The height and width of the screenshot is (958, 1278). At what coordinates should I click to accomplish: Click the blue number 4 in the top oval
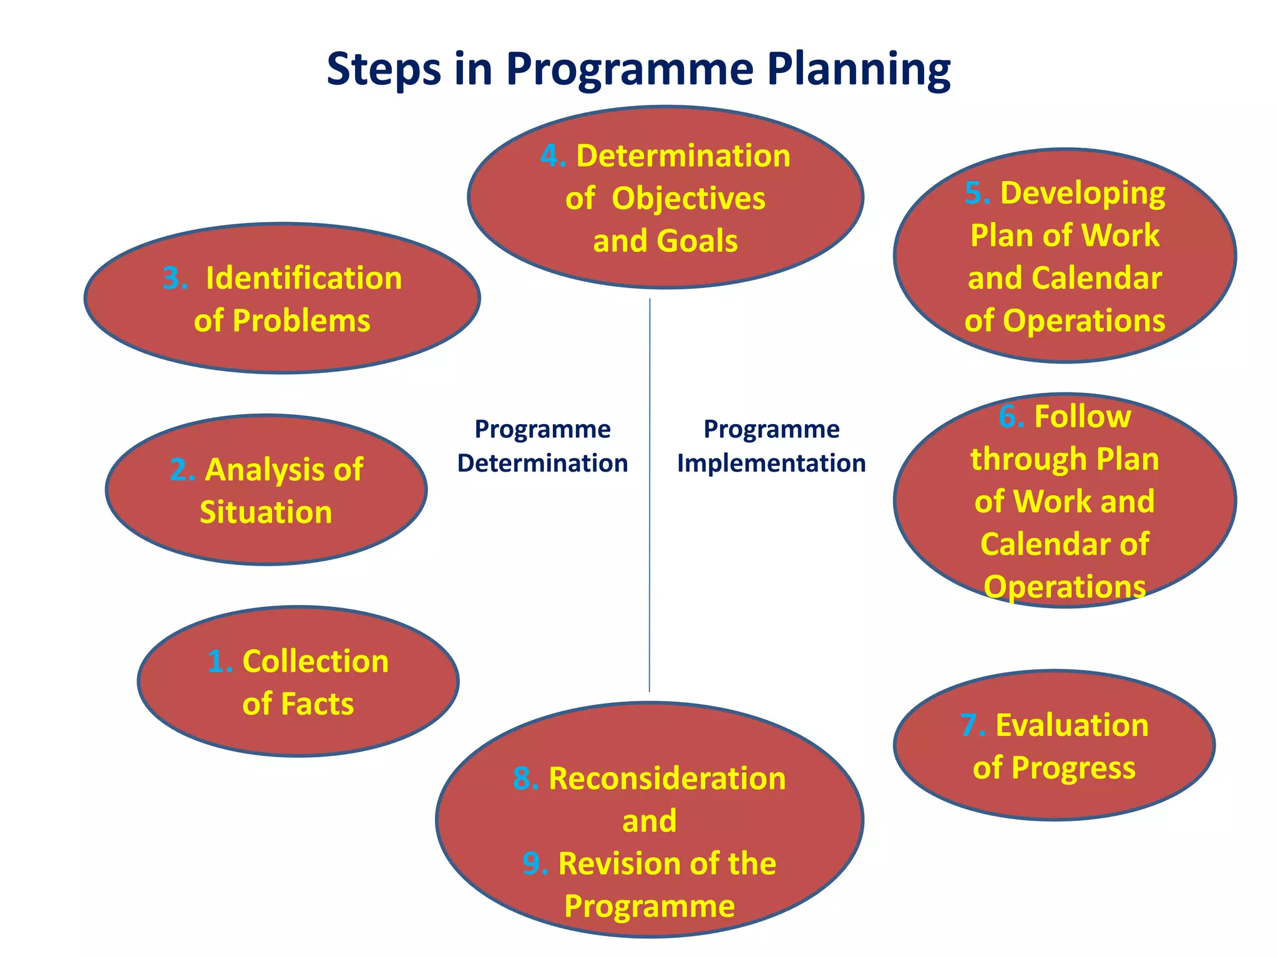coord(551,156)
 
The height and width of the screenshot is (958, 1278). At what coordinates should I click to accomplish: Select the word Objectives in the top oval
coord(688,199)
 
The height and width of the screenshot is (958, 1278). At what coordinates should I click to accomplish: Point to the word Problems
coord(301,321)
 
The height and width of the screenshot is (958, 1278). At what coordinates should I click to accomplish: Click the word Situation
coord(266,512)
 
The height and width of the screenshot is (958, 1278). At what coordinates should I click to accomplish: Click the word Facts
coord(317,704)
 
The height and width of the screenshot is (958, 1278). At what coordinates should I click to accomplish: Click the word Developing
coord(1083,193)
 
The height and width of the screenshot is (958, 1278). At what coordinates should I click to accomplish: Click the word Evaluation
coord(1071,725)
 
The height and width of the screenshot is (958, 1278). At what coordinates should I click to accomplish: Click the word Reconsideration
coord(666,779)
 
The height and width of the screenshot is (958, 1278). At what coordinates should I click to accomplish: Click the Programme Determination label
coord(542,446)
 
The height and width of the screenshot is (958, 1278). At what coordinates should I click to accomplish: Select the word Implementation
coord(771,463)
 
